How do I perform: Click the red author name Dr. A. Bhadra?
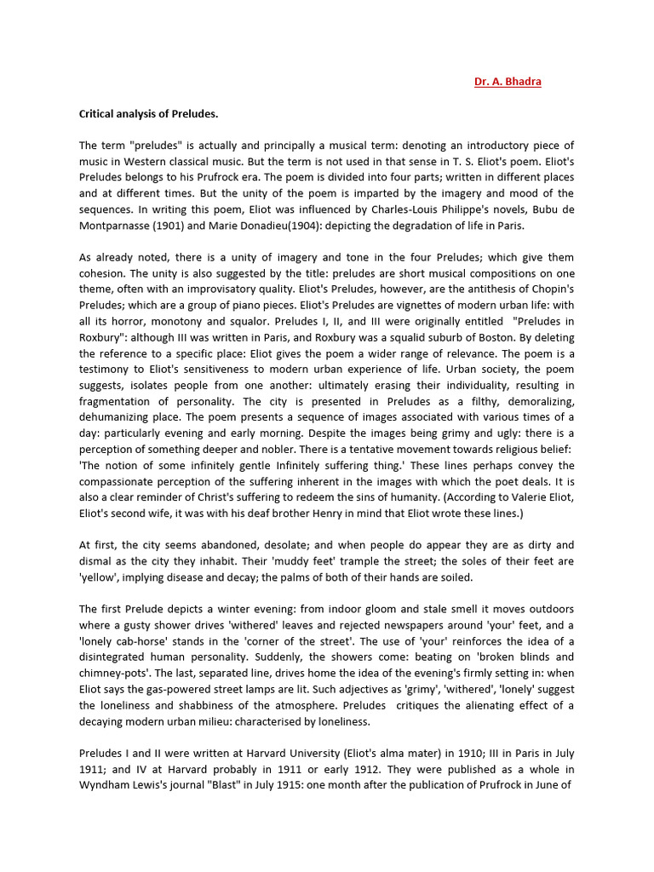(508, 82)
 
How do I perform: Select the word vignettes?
(361, 304)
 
